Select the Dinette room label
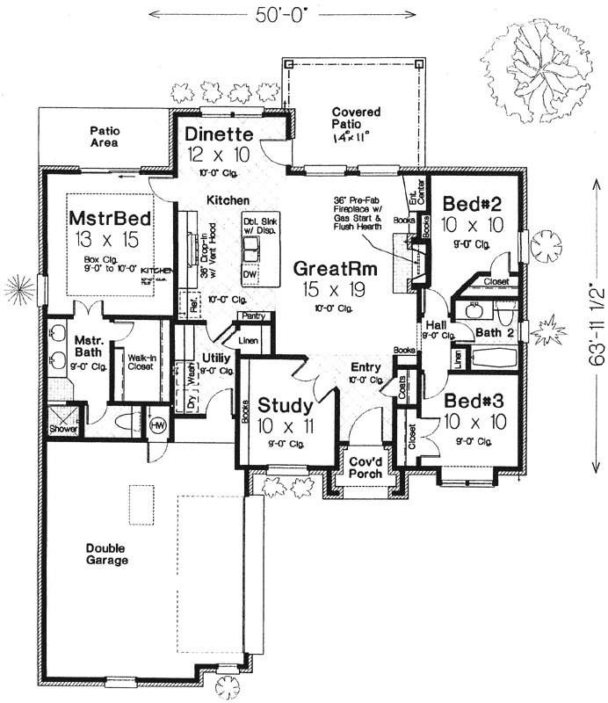220,135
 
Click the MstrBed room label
110,218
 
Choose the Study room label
284,405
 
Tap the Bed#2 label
472,204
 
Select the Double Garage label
107,554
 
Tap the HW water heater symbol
158,424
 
